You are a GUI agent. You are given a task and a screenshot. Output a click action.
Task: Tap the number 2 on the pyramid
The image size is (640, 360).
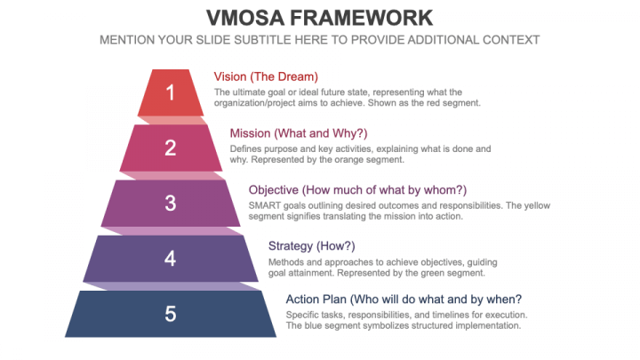171,148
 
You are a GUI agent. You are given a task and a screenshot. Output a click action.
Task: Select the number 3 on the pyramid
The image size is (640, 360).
171,203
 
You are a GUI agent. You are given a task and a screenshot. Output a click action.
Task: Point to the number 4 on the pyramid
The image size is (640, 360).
171,259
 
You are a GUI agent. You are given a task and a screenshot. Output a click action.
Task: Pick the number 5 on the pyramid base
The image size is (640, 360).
171,314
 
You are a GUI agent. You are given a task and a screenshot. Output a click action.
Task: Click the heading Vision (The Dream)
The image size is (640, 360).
266,76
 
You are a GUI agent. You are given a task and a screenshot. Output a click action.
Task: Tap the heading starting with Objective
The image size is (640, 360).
357,190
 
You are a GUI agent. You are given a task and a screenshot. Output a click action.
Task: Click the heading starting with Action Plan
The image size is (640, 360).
404,299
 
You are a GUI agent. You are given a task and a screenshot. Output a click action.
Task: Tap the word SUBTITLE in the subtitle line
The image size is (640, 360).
268,40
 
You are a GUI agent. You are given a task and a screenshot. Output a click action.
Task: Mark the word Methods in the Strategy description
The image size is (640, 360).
289,261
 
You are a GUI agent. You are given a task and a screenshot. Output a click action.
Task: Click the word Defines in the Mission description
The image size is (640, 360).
246,148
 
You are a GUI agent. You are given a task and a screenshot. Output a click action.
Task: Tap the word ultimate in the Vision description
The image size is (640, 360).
250,92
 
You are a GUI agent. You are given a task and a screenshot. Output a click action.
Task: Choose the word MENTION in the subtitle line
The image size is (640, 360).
131,40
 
